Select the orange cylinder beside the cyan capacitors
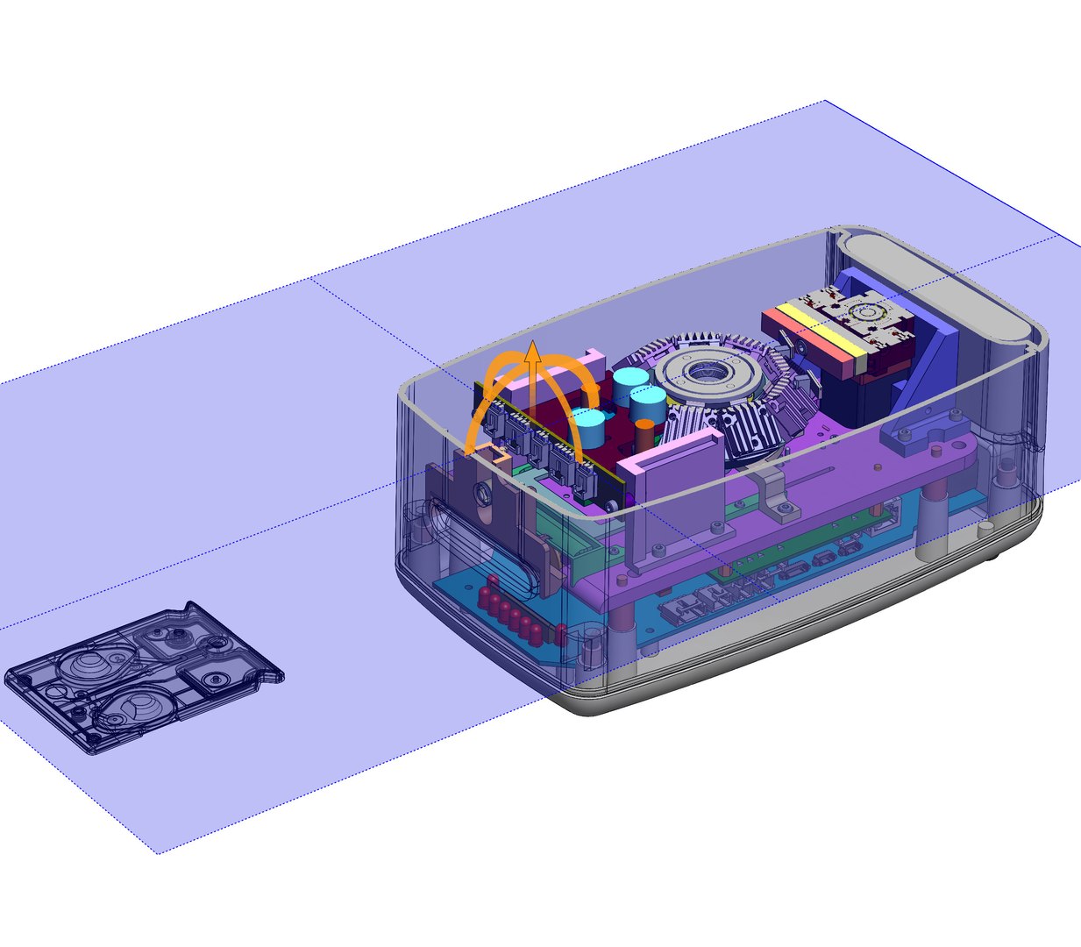coord(644,430)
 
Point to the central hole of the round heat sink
coord(706,374)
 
